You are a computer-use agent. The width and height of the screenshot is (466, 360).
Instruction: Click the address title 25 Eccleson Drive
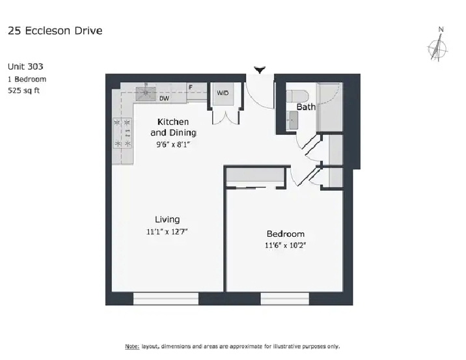pos(55,31)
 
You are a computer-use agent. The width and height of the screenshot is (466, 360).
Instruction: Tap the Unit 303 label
pos(25,66)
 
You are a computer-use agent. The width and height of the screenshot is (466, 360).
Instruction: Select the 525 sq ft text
pos(24,90)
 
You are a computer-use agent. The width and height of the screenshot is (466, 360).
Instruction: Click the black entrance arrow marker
pos(260,70)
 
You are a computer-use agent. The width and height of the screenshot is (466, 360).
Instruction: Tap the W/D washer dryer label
pos(223,93)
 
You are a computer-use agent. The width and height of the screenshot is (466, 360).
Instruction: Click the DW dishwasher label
pos(164,98)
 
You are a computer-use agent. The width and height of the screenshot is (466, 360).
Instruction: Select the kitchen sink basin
pos(146,94)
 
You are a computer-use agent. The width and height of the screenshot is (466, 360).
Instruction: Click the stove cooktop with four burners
pos(122,133)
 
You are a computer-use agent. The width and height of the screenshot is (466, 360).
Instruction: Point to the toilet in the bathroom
pos(297,96)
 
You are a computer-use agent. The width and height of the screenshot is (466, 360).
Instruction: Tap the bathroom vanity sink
pos(293,120)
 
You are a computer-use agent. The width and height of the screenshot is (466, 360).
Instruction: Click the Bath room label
pos(306,107)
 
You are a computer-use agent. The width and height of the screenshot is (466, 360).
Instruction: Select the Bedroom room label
pos(285,234)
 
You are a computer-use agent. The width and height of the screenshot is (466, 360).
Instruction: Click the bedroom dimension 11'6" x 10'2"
pos(285,245)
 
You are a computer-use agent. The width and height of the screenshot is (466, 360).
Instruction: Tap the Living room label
pos(167,219)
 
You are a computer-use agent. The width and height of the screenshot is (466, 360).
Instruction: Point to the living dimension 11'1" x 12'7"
pos(167,232)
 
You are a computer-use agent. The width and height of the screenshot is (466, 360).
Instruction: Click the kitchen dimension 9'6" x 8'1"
pos(173,145)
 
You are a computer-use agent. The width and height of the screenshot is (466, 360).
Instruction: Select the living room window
pos(166,299)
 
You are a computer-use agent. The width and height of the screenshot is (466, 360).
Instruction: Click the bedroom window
pos(284,299)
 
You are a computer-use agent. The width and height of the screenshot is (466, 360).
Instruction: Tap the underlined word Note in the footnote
pos(132,346)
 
